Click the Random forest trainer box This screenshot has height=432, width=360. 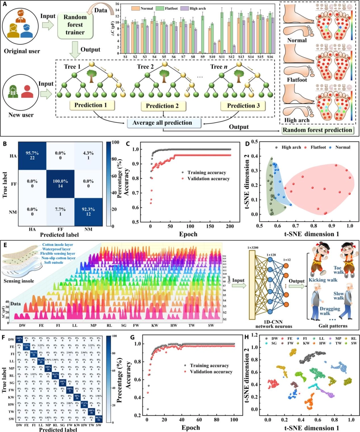tap(75, 25)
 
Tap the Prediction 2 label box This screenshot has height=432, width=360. tap(162, 106)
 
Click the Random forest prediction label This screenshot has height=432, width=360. tap(317, 130)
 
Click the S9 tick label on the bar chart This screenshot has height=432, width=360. tap(202, 57)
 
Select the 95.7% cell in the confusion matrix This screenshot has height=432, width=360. tap(32, 155)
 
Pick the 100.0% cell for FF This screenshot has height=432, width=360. tap(60, 183)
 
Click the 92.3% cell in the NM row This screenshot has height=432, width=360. tap(88, 212)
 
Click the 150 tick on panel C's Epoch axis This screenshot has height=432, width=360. tap(210, 226)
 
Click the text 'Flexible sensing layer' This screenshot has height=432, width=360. tap(58, 254)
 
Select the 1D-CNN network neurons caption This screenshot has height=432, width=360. tap(274, 324)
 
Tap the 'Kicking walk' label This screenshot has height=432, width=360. tap(323, 280)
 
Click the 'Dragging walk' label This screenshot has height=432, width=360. tap(330, 311)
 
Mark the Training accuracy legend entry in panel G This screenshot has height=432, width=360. tap(209, 366)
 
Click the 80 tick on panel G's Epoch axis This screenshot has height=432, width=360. tap(217, 420)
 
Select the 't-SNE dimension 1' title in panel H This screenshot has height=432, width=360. tap(311, 428)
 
